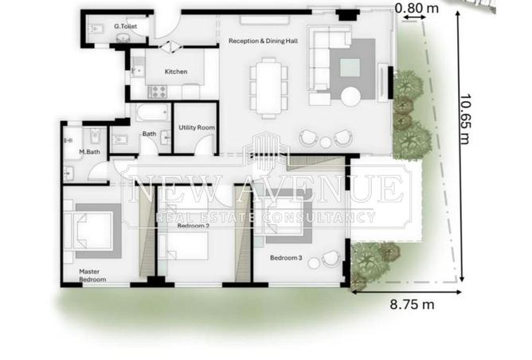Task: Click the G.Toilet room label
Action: (x=126, y=26)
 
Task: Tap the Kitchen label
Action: (x=176, y=72)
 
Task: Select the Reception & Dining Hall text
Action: (x=264, y=41)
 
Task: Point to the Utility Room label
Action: (x=197, y=127)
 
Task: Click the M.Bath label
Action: (x=89, y=151)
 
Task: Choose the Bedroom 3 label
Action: (x=286, y=258)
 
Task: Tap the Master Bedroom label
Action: (x=92, y=276)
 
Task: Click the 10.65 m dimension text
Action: (x=465, y=119)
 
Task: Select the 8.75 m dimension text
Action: (x=412, y=304)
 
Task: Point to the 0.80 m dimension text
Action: (x=417, y=7)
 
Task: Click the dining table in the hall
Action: (x=268, y=88)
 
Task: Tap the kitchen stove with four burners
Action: (x=158, y=92)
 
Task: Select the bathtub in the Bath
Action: (x=153, y=112)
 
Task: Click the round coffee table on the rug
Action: (x=351, y=97)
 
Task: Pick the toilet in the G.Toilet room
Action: (x=96, y=29)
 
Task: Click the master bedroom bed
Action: (x=89, y=231)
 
